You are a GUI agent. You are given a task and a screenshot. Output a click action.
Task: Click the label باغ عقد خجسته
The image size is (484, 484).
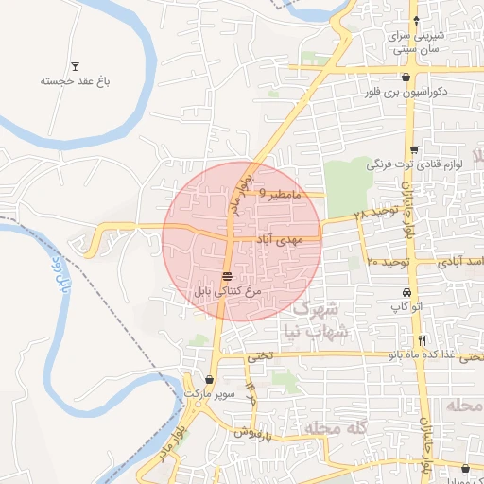[75, 82]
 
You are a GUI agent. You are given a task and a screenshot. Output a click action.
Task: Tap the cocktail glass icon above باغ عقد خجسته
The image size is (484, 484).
[75, 65]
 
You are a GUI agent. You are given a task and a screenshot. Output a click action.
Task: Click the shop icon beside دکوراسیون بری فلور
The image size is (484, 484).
[406, 78]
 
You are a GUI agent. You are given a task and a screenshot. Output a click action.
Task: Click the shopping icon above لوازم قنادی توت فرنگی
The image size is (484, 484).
[413, 150]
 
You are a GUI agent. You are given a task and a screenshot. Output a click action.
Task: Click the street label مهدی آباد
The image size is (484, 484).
[276, 240]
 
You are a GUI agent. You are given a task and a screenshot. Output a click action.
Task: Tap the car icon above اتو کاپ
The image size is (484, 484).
[406, 292]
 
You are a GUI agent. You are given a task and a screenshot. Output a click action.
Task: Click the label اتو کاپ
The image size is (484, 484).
[405, 307]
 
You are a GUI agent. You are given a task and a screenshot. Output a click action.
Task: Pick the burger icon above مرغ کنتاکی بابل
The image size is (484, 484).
[227, 276]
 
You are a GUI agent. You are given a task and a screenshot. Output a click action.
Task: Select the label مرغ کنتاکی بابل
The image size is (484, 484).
[227, 291]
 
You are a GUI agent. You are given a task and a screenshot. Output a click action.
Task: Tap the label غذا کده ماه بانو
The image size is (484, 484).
[426, 355]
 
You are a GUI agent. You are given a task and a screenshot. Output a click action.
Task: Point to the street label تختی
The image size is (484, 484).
[259, 356]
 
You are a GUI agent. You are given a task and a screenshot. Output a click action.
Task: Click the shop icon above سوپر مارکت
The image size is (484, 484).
[208, 378]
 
